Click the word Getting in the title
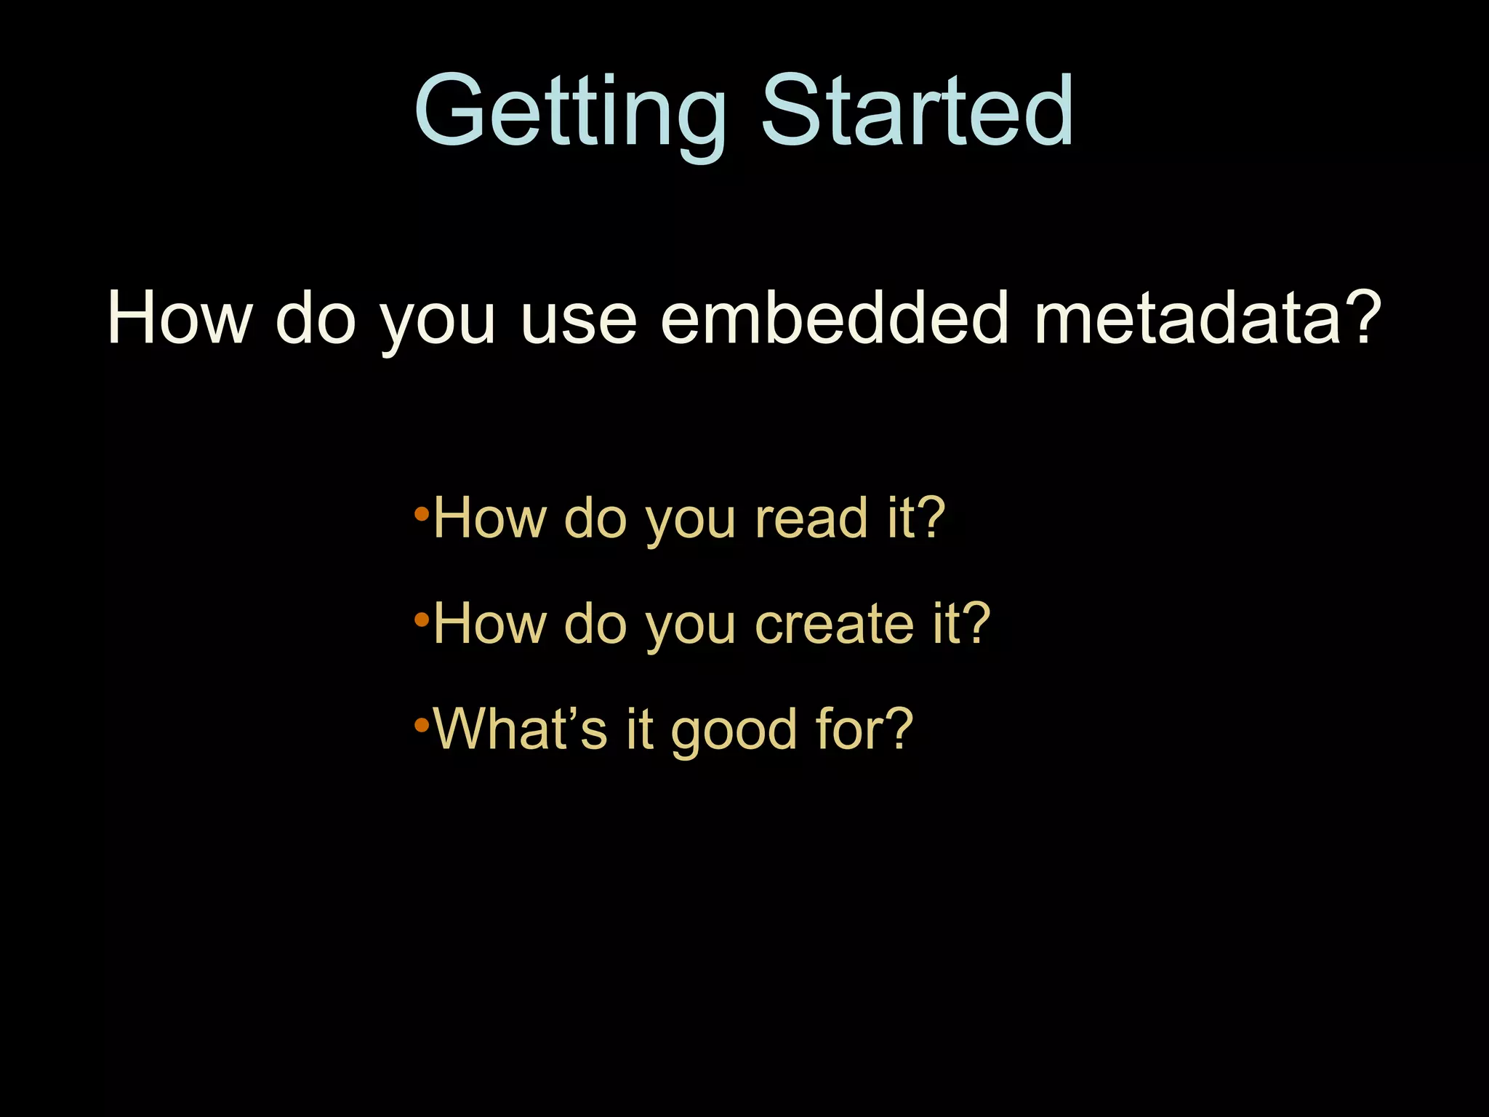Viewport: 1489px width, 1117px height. tap(570, 113)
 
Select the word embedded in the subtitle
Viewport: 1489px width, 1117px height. tap(834, 318)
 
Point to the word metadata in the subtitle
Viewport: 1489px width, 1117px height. tap(1187, 318)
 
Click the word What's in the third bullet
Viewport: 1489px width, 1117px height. tap(519, 729)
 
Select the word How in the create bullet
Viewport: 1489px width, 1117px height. tap(489, 624)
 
